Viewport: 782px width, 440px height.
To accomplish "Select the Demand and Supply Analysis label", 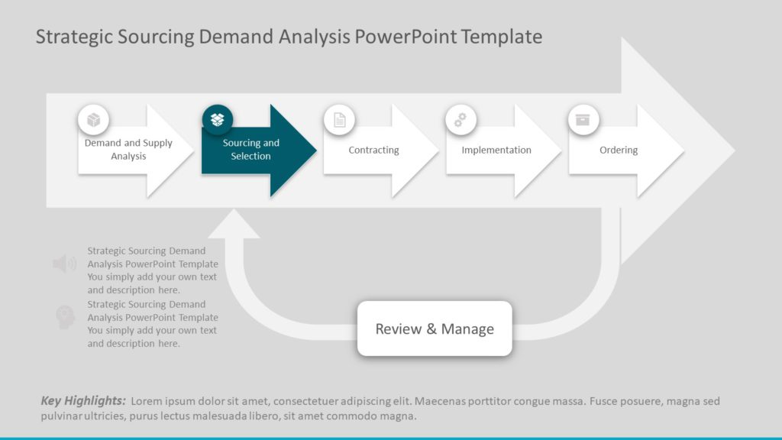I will [x=128, y=150].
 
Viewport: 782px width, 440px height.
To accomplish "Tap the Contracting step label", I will [x=373, y=150].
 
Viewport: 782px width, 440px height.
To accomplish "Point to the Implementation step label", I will [x=496, y=150].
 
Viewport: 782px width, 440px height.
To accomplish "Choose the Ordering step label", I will [x=618, y=150].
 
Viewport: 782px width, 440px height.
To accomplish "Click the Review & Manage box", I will [x=435, y=329].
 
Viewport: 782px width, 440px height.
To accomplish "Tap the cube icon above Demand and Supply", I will [x=94, y=120].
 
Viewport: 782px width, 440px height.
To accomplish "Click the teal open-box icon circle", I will [x=218, y=120].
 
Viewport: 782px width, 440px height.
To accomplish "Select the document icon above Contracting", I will [x=340, y=120].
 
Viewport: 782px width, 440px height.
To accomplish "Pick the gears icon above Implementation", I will [x=461, y=120].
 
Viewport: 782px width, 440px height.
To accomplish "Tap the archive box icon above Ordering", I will [x=583, y=120].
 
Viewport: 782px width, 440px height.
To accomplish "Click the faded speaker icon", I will [x=64, y=264].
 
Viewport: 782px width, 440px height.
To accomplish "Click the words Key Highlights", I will [x=82, y=401].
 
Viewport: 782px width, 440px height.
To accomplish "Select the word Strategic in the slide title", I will [x=74, y=37].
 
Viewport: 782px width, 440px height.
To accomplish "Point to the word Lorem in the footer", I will [x=147, y=401].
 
